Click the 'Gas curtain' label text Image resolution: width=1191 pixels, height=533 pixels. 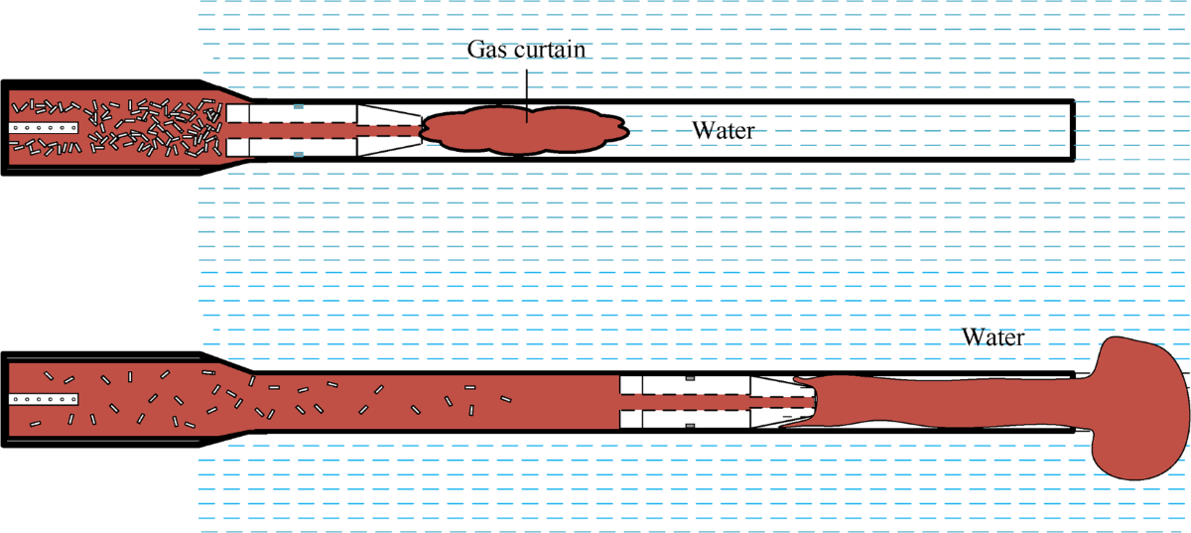point(529,49)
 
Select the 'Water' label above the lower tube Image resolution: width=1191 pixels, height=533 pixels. point(992,336)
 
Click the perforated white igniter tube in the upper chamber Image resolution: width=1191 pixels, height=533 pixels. point(45,129)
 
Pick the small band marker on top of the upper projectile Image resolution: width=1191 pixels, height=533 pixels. point(299,105)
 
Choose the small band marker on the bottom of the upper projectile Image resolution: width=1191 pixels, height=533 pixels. point(299,154)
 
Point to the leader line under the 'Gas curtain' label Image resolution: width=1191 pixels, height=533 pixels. point(528,89)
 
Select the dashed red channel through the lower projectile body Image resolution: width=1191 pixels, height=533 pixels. point(695,401)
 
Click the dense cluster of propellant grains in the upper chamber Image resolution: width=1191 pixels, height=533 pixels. point(149,129)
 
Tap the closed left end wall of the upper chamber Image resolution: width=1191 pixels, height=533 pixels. point(5,129)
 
